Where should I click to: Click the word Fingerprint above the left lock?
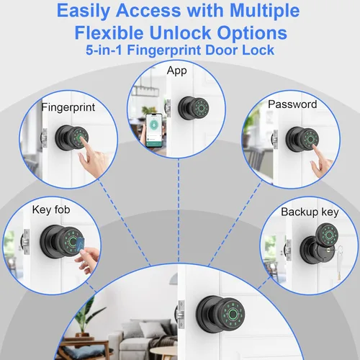pos(68,107)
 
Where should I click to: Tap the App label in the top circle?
pos(177,71)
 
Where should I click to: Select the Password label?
pos(292,104)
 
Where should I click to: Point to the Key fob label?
pos(51,210)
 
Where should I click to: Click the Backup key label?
pos(310,212)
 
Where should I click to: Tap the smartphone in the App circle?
pos(154,130)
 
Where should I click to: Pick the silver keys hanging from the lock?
pos(339,261)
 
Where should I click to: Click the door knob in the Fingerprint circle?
pos(72,138)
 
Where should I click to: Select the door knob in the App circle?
pos(194,108)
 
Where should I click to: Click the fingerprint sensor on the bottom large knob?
pos(232,313)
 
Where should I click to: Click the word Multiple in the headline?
pos(265,11)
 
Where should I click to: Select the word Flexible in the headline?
pos(109,33)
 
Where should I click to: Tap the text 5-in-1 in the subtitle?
pos(104,50)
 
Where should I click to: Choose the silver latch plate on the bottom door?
pos(181,315)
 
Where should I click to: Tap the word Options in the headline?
pos(252,33)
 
